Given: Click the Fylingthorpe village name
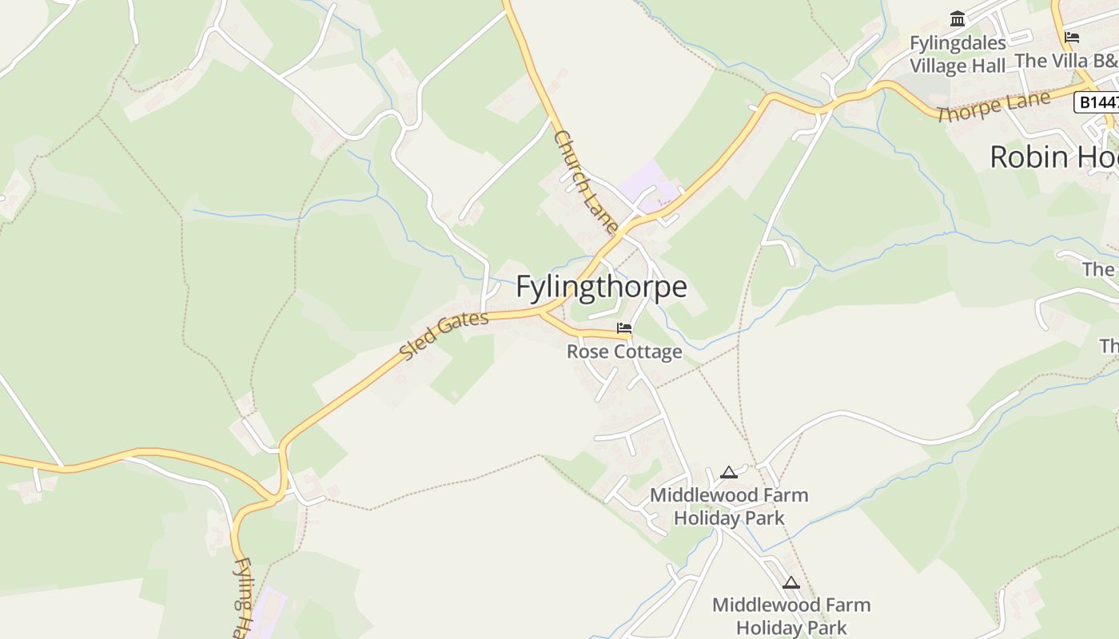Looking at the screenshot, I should [601, 288].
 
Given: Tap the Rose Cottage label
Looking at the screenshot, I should [624, 351].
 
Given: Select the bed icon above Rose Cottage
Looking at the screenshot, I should [624, 328].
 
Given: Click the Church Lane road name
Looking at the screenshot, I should [585, 182].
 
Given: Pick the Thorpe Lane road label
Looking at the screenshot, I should [994, 105].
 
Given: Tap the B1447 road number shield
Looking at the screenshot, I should [1095, 102].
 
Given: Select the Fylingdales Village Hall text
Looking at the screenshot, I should [958, 54].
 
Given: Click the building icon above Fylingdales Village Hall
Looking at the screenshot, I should [958, 18].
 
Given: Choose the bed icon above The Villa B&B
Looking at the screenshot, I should [1072, 37].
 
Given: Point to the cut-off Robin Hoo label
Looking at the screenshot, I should [1053, 157].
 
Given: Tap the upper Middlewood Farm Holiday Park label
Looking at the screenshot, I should [729, 506].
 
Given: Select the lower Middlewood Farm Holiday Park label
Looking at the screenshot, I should [791, 616].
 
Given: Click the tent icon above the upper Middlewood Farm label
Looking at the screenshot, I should [728, 473].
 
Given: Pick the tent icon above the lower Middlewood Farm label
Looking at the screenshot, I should [791, 583].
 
